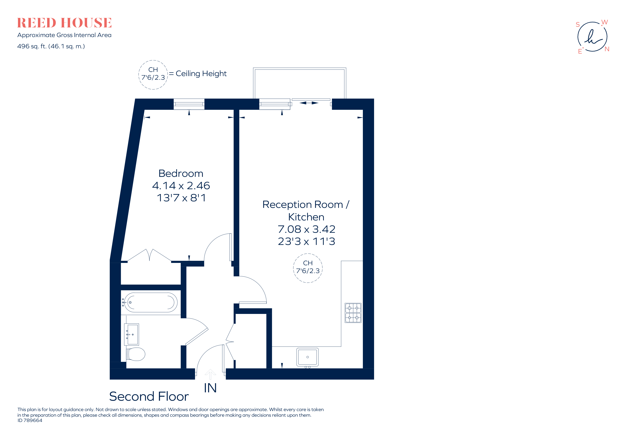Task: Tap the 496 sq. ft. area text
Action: click(51, 46)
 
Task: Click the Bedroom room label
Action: click(181, 174)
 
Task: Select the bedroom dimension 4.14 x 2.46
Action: click(181, 186)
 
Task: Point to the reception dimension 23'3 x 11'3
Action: click(306, 241)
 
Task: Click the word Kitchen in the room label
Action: click(306, 217)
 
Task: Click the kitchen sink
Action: click(307, 357)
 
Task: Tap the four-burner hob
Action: click(353, 313)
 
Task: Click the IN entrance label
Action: click(210, 388)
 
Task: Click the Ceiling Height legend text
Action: click(201, 74)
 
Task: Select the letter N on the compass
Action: click(607, 49)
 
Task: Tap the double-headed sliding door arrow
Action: click(309, 103)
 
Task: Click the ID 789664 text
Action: click(30, 420)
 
